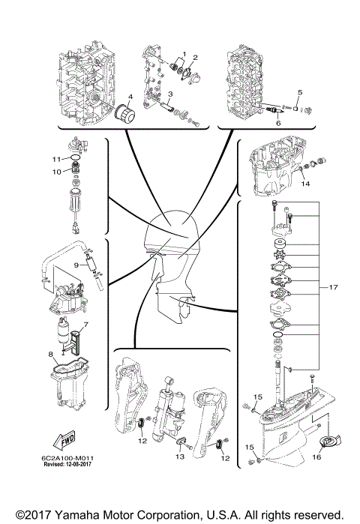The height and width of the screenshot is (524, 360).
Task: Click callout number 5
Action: click(x=299, y=92)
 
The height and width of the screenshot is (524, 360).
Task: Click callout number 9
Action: click(x=76, y=265)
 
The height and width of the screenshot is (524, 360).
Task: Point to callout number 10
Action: click(x=55, y=172)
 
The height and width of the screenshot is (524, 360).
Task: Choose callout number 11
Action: click(x=55, y=159)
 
